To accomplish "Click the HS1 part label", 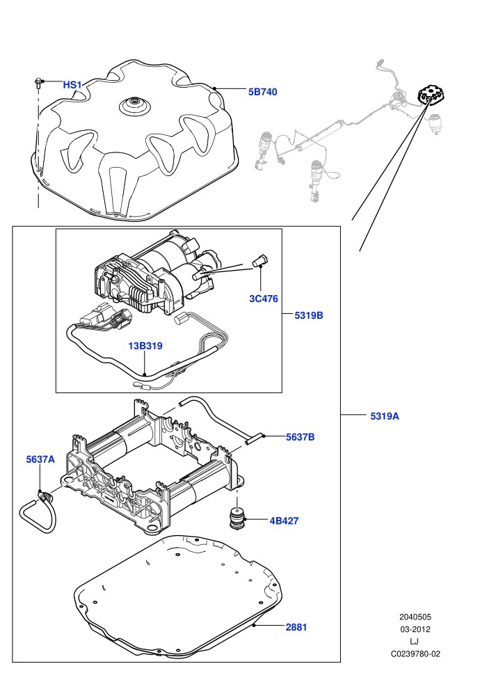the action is (x=72, y=85).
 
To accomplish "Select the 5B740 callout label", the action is (x=262, y=92).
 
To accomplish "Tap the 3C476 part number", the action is (x=264, y=299).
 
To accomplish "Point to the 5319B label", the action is (x=309, y=315).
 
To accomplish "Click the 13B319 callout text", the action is (x=145, y=346).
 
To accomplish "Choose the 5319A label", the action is (x=385, y=416).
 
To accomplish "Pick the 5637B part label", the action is (x=301, y=437).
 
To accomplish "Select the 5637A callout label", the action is (x=40, y=459).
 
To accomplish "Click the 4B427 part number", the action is (x=284, y=521).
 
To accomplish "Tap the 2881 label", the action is (x=296, y=628).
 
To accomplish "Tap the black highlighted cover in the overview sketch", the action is (x=431, y=95).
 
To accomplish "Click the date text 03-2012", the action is (x=415, y=629).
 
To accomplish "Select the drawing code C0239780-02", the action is (x=415, y=654).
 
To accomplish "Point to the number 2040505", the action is (x=415, y=617).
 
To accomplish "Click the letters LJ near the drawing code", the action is (x=414, y=642).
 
